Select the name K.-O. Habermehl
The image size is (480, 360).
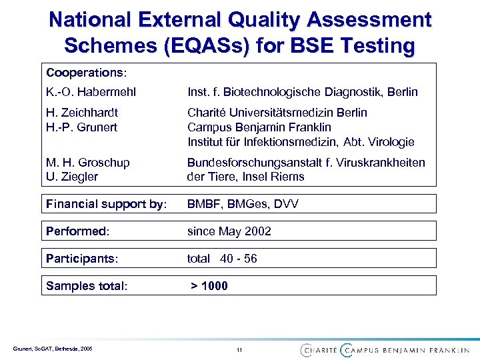tap(85, 91)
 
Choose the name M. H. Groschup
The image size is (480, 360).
tap(87, 163)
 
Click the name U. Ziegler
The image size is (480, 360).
tap(71, 177)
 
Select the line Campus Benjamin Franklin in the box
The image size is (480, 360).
tap(259, 127)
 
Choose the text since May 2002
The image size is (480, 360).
tap(229, 231)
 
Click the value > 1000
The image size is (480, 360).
tap(209, 286)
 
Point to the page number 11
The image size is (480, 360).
tap(239, 349)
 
